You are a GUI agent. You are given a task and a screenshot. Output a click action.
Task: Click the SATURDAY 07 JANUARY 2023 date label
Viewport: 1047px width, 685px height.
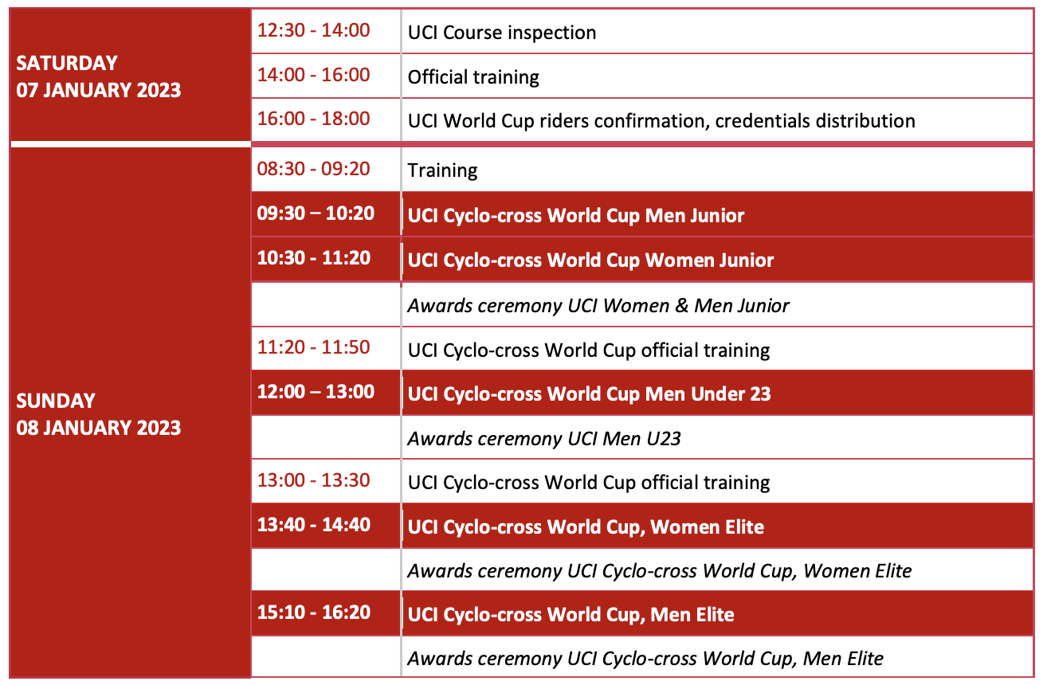click(x=98, y=76)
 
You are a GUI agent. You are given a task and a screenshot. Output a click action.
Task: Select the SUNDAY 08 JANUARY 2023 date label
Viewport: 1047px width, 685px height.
click(x=98, y=414)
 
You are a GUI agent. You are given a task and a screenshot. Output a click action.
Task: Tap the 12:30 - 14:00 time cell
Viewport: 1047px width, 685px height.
click(x=314, y=30)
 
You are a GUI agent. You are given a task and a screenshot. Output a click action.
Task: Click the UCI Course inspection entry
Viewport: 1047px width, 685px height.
click(x=501, y=33)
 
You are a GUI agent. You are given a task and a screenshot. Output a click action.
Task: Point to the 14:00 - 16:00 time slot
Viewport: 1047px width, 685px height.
click(x=314, y=75)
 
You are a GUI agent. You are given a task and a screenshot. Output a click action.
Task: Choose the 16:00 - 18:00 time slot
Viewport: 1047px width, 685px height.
click(x=314, y=119)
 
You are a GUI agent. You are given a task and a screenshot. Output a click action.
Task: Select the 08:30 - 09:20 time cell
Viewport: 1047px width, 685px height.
click(x=314, y=169)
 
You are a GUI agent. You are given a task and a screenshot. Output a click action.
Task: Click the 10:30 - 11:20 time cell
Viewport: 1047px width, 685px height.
click(x=314, y=258)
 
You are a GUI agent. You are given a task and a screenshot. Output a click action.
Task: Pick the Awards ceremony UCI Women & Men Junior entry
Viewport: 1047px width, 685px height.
click(x=598, y=306)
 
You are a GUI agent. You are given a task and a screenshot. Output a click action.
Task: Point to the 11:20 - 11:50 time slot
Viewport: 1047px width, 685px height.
click(x=314, y=347)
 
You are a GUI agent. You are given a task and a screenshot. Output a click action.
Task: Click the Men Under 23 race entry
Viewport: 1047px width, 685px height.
click(x=589, y=394)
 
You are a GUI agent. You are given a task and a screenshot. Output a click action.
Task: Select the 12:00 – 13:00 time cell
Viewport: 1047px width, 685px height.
click(x=316, y=392)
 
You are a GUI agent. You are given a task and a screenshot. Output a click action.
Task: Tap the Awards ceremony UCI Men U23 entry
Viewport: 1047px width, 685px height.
click(x=544, y=439)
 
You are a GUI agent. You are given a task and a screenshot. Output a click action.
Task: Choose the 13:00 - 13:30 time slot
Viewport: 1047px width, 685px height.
click(x=314, y=480)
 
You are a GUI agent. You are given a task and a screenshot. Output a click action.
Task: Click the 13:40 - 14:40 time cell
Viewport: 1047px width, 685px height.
click(x=314, y=525)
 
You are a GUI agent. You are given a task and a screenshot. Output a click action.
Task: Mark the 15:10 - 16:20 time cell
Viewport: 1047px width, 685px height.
click(x=314, y=612)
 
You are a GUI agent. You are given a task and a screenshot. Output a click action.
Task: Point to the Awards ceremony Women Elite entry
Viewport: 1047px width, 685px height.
click(x=660, y=571)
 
